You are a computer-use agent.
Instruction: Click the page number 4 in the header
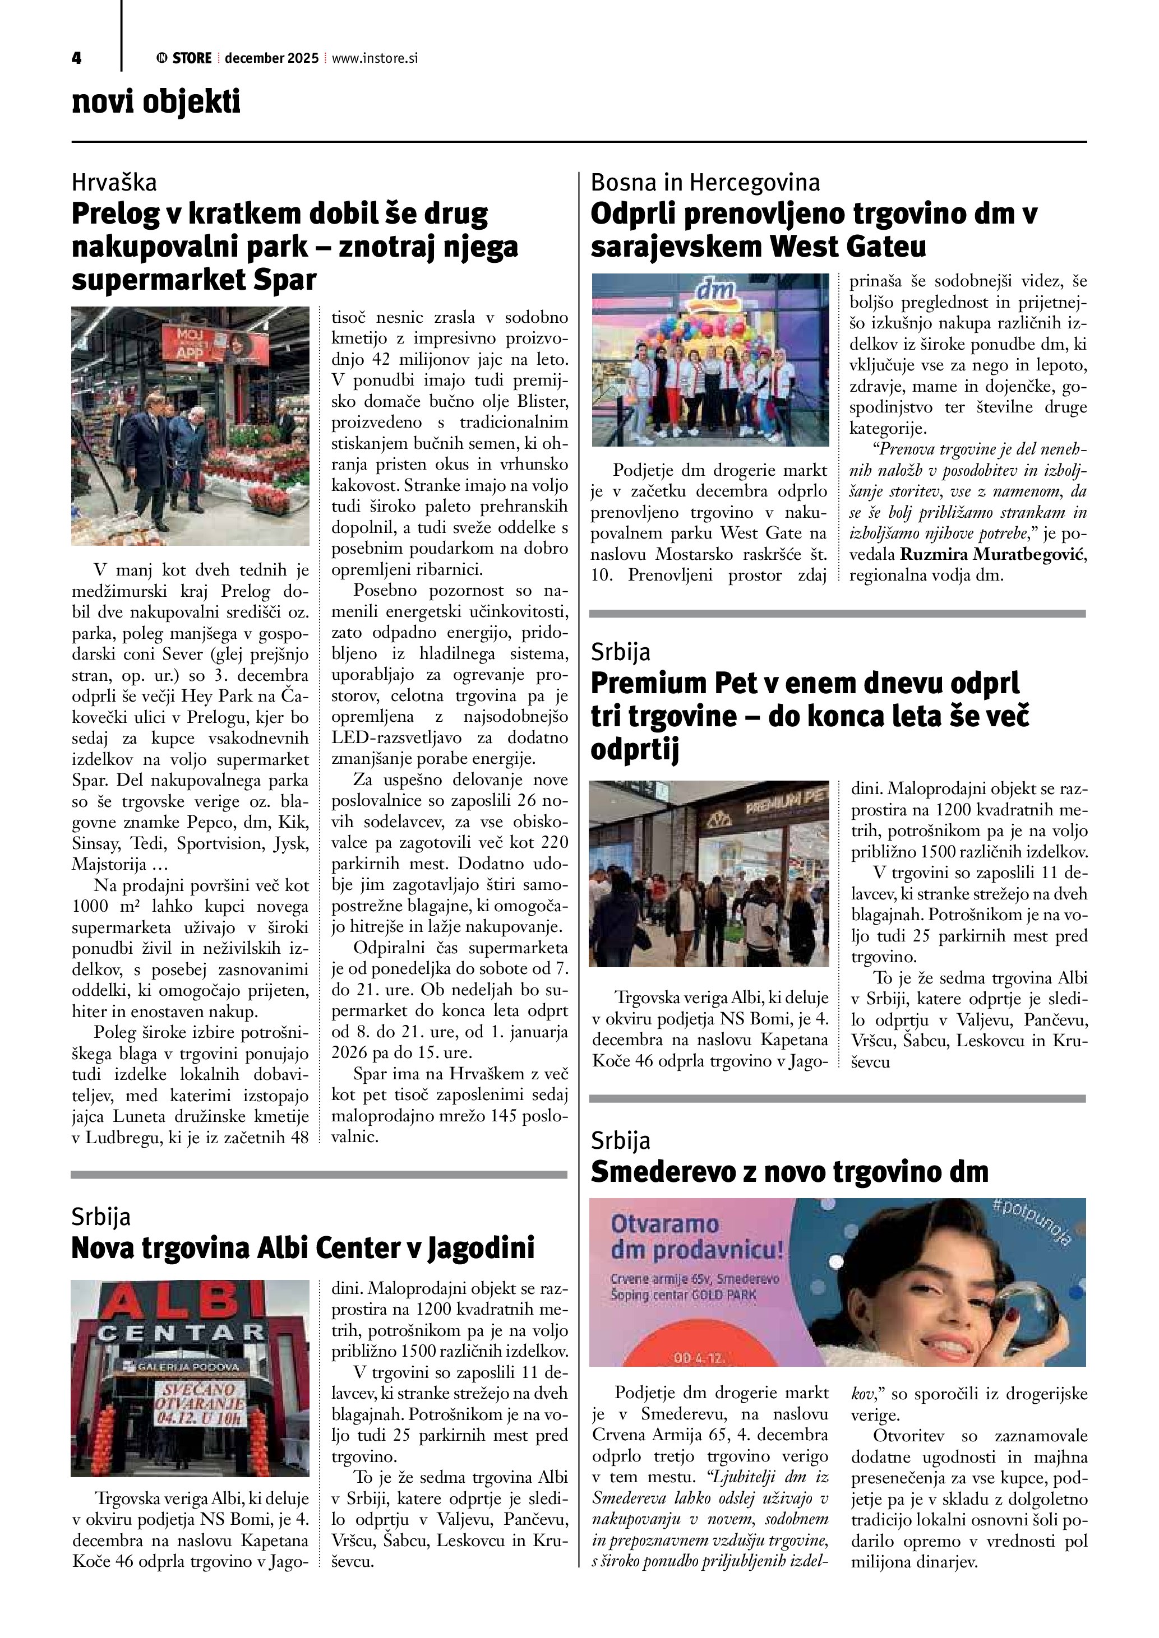[x=76, y=58]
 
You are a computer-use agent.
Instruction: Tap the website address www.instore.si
[x=375, y=58]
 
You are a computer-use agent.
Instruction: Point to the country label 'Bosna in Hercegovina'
[x=705, y=183]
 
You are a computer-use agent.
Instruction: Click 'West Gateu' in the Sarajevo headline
[x=847, y=247]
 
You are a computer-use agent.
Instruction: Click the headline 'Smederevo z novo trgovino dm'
[x=789, y=1171]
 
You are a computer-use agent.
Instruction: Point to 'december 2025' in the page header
[x=271, y=58]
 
